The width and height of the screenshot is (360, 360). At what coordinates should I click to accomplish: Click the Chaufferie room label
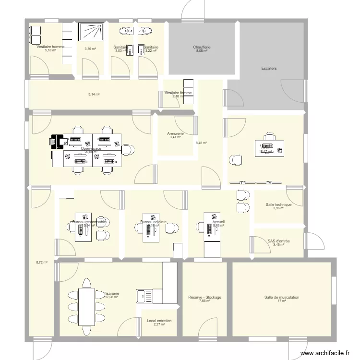[x=202, y=47]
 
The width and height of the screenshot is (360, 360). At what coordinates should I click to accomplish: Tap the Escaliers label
[x=269, y=68]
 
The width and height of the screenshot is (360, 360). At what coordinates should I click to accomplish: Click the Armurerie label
[x=175, y=133]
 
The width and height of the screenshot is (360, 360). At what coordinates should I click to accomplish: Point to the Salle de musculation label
[x=281, y=297]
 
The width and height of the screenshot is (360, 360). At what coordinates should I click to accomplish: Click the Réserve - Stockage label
[x=204, y=297]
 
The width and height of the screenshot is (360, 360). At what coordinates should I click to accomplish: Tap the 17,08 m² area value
[x=111, y=297]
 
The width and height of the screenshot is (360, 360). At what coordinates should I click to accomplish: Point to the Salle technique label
[x=278, y=204]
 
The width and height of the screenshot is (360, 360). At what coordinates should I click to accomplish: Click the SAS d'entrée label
[x=278, y=241]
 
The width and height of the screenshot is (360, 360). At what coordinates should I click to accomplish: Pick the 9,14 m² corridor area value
[x=94, y=95]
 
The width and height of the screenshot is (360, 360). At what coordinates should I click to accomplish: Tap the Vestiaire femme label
[x=178, y=93]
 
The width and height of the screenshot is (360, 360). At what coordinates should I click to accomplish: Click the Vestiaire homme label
[x=50, y=47]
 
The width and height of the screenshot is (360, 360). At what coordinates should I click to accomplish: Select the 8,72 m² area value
[x=42, y=263]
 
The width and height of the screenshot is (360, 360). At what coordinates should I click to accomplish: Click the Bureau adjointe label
[x=153, y=222]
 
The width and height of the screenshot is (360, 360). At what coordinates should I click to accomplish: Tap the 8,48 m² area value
[x=202, y=142]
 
